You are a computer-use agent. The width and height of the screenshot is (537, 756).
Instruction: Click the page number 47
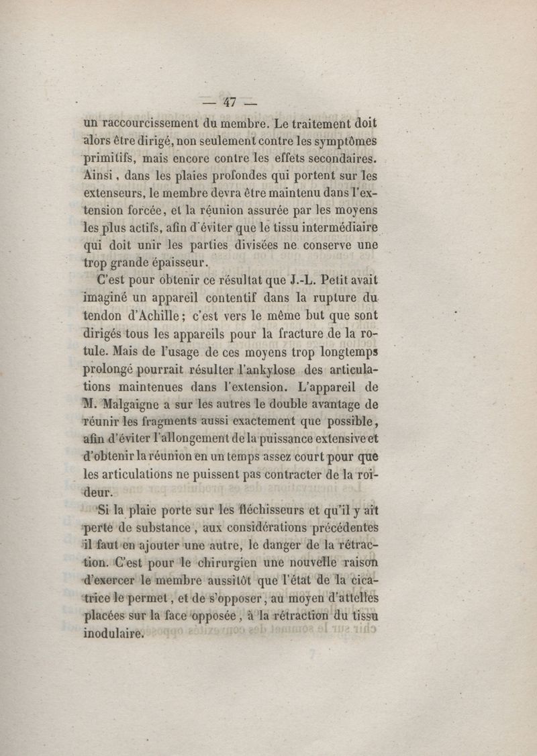pyautogui.click(x=230, y=103)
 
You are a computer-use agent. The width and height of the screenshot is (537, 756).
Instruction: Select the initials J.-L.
pyautogui.click(x=291, y=279)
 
